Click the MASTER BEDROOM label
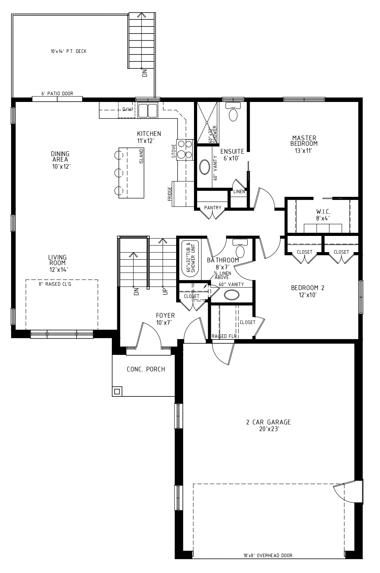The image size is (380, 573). [304, 141]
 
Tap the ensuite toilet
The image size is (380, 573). [233, 112]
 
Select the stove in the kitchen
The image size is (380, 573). [185, 149]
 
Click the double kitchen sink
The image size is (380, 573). [148, 110]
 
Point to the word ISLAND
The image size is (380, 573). [141, 156]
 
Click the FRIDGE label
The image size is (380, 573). [169, 194]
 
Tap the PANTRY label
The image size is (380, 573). [213, 208]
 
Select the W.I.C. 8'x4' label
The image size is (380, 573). [323, 215]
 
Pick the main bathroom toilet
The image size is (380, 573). [240, 248]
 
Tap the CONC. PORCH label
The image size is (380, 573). [146, 369]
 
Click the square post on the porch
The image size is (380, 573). [117, 391]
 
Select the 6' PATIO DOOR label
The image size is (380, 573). [57, 94]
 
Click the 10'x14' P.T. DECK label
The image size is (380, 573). [68, 51]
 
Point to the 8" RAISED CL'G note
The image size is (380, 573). [55, 284]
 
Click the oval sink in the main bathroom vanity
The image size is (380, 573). [232, 295]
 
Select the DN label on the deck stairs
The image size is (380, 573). [145, 73]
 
